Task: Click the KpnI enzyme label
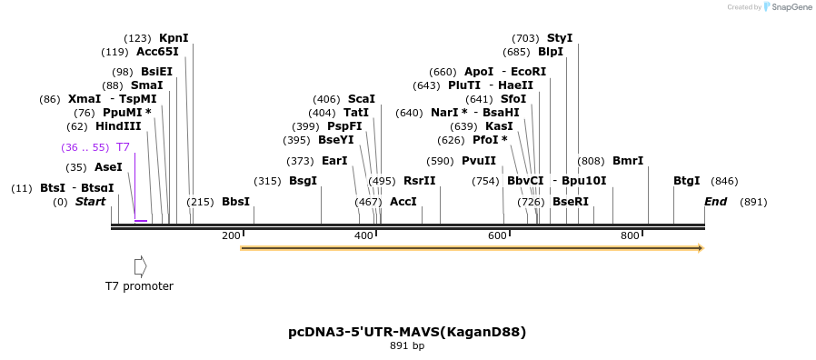pos(174,38)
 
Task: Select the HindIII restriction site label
pos(118,126)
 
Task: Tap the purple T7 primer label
pos(123,146)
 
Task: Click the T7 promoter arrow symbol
pos(140,265)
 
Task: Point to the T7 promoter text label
pos(139,286)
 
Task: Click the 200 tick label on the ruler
pos(231,236)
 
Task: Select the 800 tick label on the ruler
pos(630,236)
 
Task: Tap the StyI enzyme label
pos(560,38)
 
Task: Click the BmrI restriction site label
pos(628,161)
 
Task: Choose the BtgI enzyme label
pos(687,181)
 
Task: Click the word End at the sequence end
pos(715,202)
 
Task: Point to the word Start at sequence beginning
pos(90,202)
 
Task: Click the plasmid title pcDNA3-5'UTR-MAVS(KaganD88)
pos(407,332)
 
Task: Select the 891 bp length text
pos(407,346)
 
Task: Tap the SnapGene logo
pos(788,7)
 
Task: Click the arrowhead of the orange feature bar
pos(700,247)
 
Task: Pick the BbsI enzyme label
pos(235,202)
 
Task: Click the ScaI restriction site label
pos(361,99)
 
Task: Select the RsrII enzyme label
pos(420,181)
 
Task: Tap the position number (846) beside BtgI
pos(724,181)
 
